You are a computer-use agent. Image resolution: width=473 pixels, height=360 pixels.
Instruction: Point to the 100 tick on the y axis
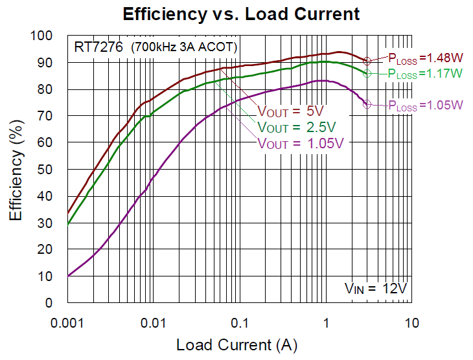coord(51,36)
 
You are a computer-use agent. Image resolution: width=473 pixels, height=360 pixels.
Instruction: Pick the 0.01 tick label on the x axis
coord(154,322)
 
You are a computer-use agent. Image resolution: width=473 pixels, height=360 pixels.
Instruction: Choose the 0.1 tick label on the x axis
coord(240,322)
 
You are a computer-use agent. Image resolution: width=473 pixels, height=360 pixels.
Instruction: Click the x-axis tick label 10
coord(411,322)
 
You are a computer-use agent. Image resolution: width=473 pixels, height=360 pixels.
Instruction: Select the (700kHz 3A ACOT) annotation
coord(185,47)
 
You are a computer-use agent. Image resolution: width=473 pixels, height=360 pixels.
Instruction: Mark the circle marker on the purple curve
coord(367,104)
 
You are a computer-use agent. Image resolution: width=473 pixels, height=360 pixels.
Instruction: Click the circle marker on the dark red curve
coord(367,61)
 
